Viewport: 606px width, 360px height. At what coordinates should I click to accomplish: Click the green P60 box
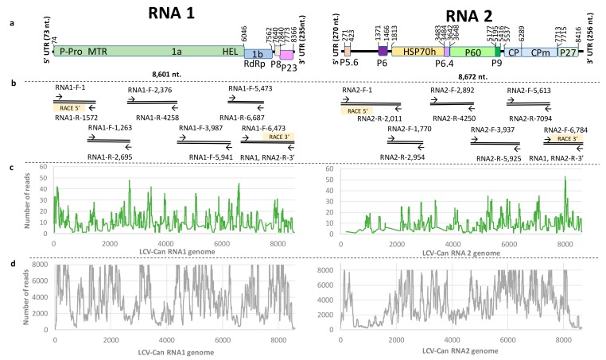tap(471, 50)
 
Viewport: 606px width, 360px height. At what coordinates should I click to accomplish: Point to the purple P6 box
tap(383, 50)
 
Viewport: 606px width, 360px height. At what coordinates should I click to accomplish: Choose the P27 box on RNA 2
tap(567, 50)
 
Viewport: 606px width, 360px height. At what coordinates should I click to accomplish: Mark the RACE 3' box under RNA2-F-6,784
tap(566, 137)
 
